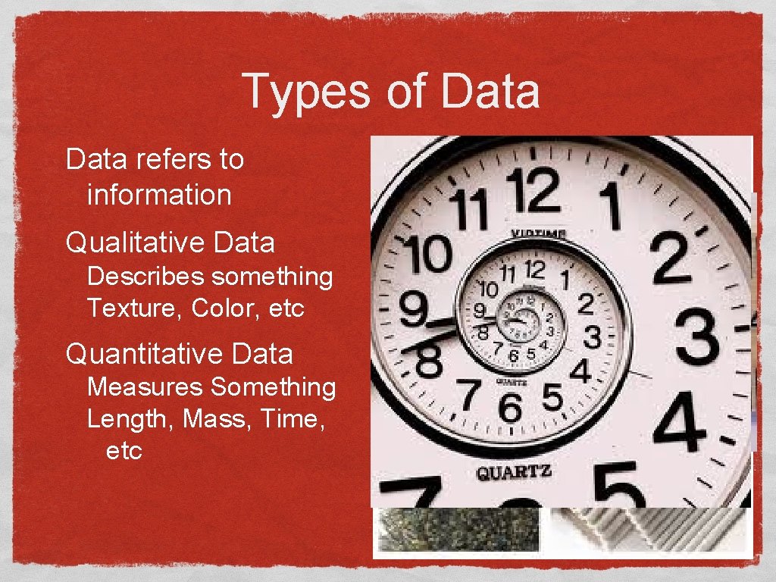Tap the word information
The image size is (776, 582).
pyautogui.click(x=159, y=195)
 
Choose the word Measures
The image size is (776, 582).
pyautogui.click(x=145, y=387)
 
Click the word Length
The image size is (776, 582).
pyautogui.click(x=130, y=419)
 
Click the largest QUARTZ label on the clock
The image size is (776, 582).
pyautogui.click(x=514, y=472)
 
